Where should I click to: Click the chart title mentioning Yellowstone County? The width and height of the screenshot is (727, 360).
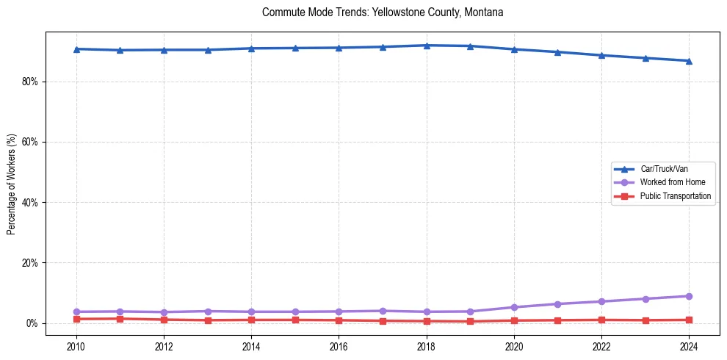pyautogui.click(x=382, y=12)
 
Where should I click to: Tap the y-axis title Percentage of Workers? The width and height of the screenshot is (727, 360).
pyautogui.click(x=11, y=184)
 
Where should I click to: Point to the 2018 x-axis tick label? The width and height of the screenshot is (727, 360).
pyautogui.click(x=427, y=345)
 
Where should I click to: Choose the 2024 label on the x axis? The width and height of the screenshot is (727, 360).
pyautogui.click(x=689, y=345)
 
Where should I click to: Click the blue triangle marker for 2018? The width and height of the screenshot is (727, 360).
pyautogui.click(x=427, y=46)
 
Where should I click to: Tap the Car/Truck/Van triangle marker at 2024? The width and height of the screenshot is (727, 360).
pyautogui.click(x=689, y=61)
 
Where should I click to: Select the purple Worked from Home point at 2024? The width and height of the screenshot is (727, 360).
pyautogui.click(x=689, y=296)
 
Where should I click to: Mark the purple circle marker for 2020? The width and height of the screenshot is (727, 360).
pyautogui.click(x=514, y=307)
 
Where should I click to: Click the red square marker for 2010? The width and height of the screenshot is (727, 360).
pyautogui.click(x=76, y=319)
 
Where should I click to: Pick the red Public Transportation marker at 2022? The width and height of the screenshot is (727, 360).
pyautogui.click(x=601, y=320)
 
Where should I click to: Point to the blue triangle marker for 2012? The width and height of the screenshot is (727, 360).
pyautogui.click(x=164, y=50)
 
